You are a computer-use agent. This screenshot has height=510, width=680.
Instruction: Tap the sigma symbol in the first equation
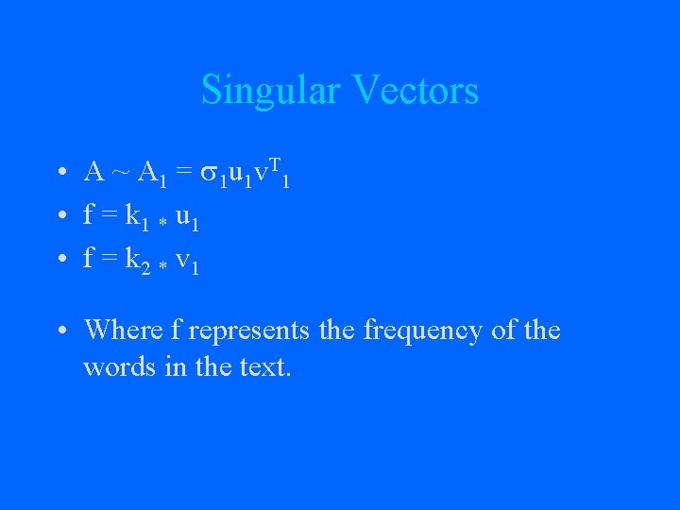click(211, 173)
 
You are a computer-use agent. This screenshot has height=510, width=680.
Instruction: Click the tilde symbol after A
click(121, 172)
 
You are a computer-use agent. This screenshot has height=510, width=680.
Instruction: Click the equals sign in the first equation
click(183, 172)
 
